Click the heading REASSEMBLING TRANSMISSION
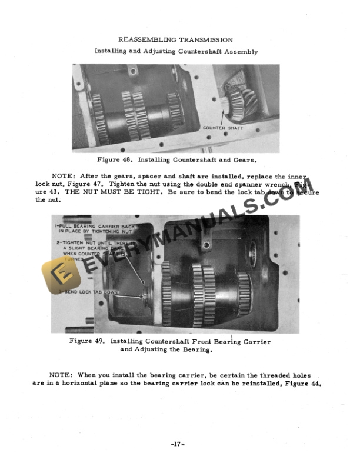175,39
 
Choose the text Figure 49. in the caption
87,341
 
